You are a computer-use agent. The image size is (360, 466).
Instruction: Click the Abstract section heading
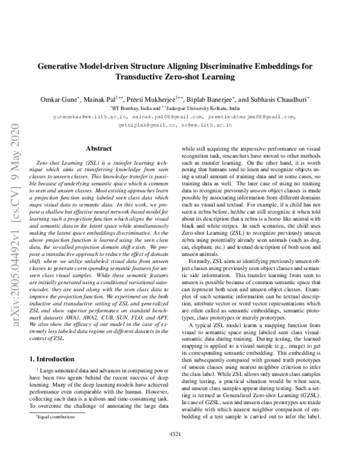click(x=99, y=148)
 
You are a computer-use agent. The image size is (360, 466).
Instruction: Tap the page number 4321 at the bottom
click(x=179, y=450)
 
